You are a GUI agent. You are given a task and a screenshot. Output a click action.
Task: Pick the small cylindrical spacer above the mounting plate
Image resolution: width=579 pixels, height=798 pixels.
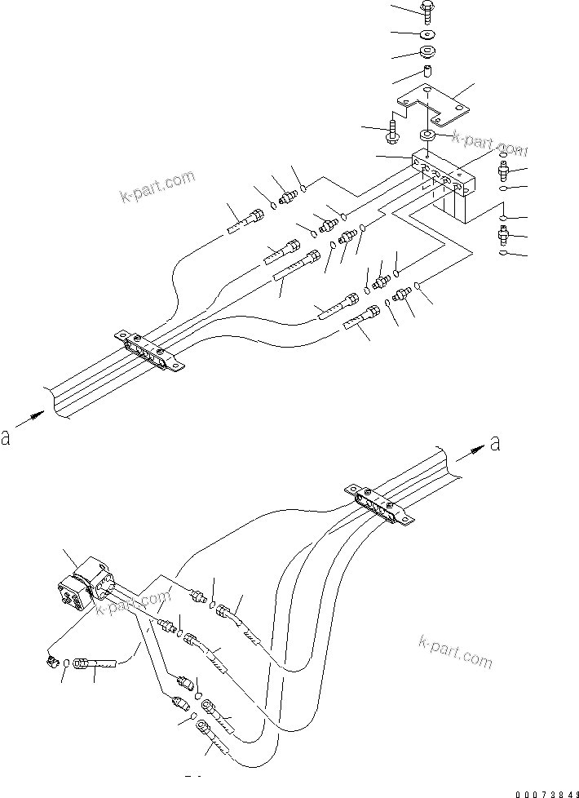[x=427, y=74]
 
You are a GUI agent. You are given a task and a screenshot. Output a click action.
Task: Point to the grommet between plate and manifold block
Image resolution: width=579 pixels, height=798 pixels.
[x=427, y=135]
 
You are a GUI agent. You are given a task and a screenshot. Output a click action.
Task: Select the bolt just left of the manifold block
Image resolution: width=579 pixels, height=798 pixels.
[x=394, y=129]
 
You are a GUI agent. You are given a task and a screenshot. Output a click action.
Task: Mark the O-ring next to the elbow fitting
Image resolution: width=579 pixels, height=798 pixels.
[x=64, y=664]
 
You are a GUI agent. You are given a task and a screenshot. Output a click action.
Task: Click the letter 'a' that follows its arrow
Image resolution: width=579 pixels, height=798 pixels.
[x=496, y=444]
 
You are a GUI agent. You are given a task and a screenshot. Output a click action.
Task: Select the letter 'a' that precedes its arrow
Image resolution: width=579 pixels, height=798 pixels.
[x=7, y=438]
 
